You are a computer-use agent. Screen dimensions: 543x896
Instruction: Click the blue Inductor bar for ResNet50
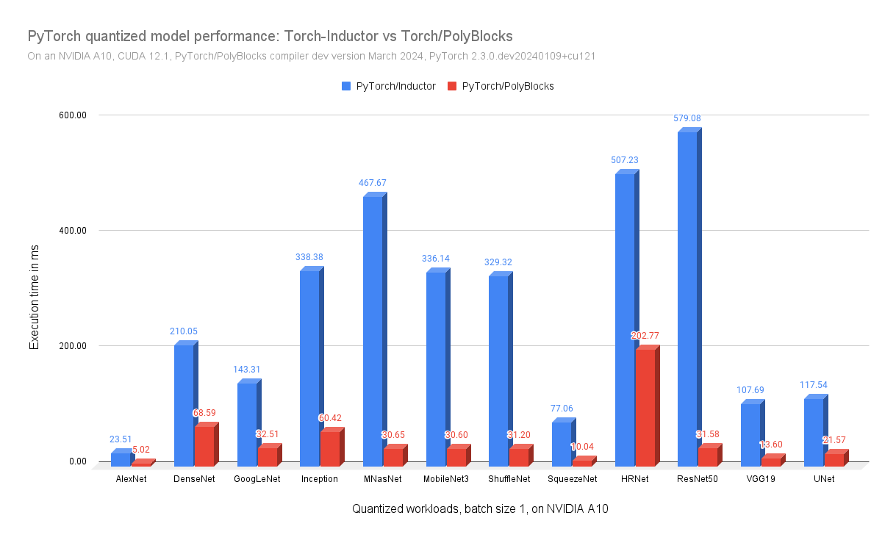pos(687,298)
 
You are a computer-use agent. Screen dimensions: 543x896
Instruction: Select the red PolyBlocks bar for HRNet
pos(645,408)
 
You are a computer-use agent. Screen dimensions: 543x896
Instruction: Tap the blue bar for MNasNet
pos(373,331)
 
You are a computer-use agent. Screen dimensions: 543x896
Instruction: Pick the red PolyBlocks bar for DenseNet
pos(204,447)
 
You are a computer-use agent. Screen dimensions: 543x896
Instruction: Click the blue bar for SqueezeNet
pos(562,444)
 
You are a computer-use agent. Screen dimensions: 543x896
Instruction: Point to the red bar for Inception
pos(330,449)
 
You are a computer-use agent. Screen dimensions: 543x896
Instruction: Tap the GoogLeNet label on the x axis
pos(257,479)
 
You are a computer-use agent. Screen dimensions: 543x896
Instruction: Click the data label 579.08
pos(688,118)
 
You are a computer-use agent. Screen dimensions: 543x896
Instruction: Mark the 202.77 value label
pos(645,336)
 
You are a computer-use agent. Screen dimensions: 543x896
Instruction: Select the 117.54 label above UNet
pos(814,384)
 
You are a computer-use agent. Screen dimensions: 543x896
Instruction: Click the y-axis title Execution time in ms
pos(35,297)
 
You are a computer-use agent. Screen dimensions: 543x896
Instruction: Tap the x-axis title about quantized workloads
pos(480,508)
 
